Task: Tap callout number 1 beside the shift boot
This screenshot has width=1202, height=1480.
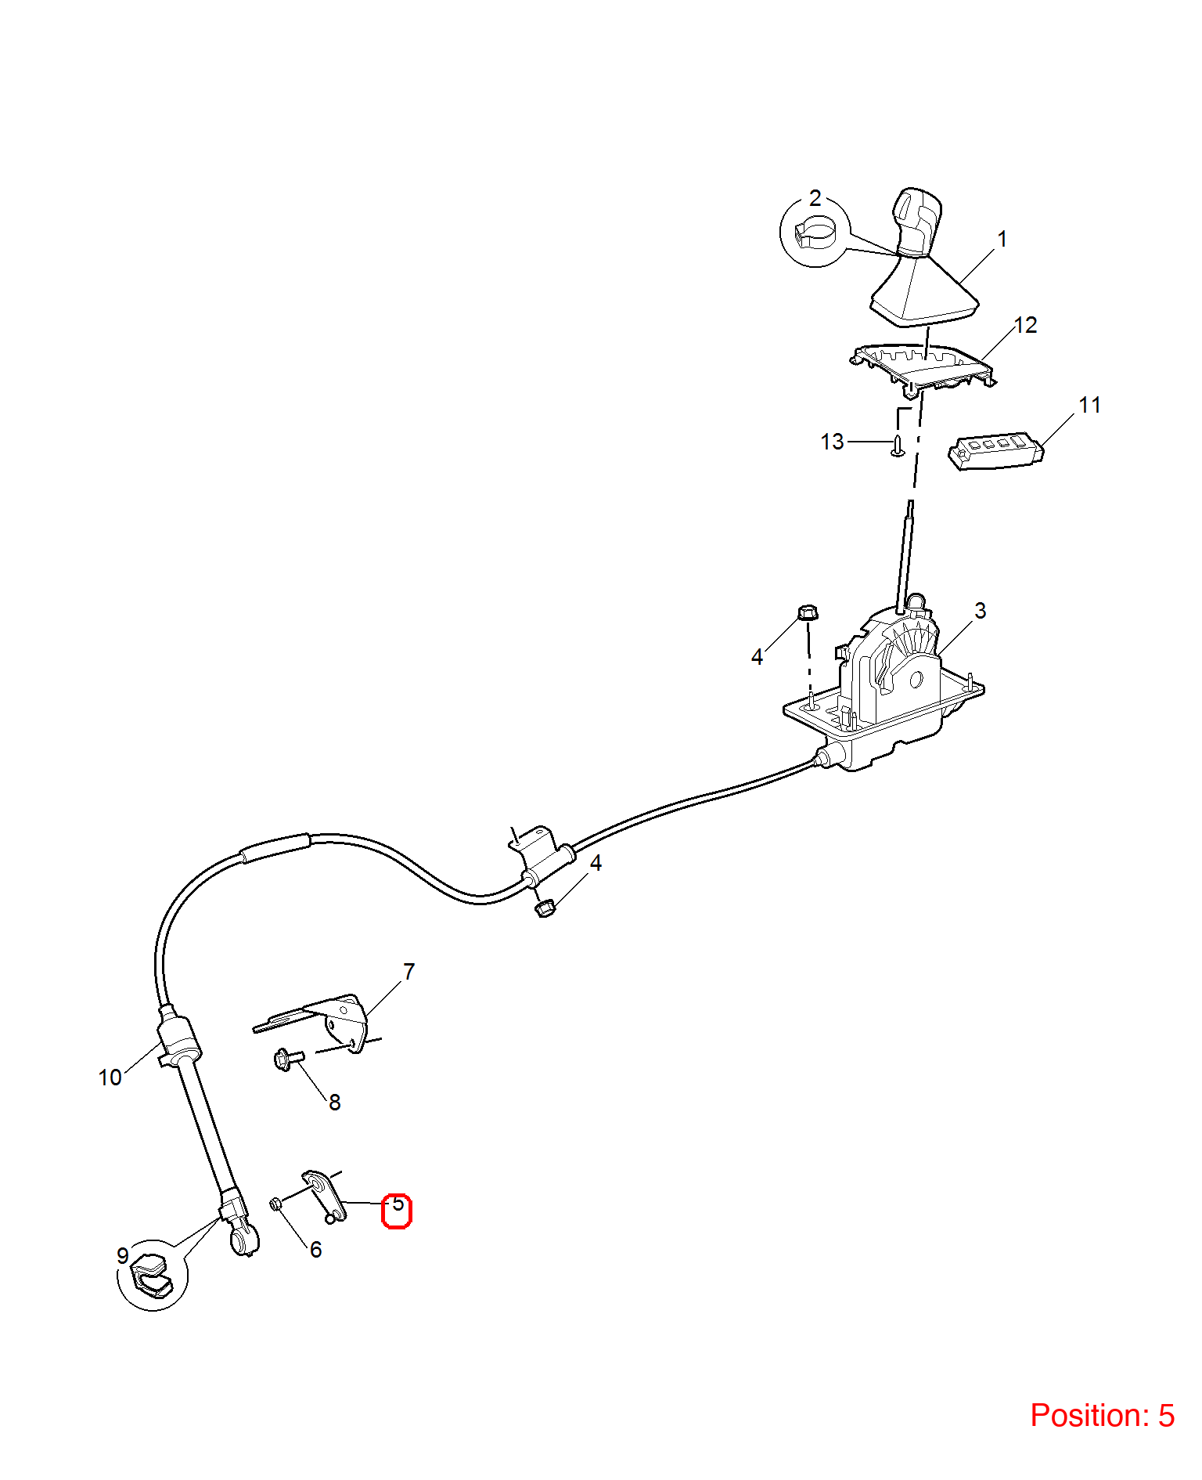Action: point(1002,240)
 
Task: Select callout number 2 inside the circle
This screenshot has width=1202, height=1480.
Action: point(815,198)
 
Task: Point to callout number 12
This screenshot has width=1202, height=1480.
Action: point(1025,325)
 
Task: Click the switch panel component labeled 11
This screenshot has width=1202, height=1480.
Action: point(995,451)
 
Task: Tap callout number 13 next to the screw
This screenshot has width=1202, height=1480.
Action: point(832,442)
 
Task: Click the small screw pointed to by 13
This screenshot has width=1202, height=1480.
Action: point(898,445)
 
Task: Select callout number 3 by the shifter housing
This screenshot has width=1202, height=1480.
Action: point(980,611)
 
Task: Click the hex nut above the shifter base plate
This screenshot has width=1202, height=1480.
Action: point(808,612)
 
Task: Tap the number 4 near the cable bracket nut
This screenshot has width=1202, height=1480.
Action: point(596,863)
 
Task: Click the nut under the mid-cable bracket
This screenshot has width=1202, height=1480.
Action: point(545,908)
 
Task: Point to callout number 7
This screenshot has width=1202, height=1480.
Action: point(408,972)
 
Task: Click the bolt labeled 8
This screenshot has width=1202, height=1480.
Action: point(288,1059)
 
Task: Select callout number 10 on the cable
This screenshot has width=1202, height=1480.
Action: point(110,1078)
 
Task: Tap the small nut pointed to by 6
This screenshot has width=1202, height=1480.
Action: point(276,1204)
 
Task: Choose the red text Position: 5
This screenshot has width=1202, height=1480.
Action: point(1102,1415)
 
